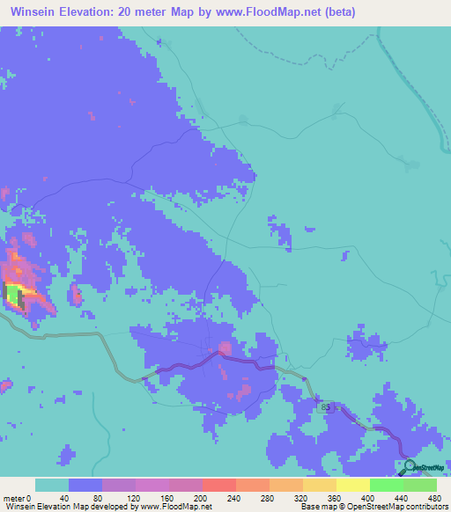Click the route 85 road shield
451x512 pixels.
327,407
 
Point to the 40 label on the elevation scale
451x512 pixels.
63,498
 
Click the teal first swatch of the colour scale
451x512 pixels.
52,485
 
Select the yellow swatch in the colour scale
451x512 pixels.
353,485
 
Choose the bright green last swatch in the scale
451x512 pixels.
420,485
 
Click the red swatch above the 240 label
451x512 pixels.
219,485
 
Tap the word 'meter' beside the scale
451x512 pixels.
15,498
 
